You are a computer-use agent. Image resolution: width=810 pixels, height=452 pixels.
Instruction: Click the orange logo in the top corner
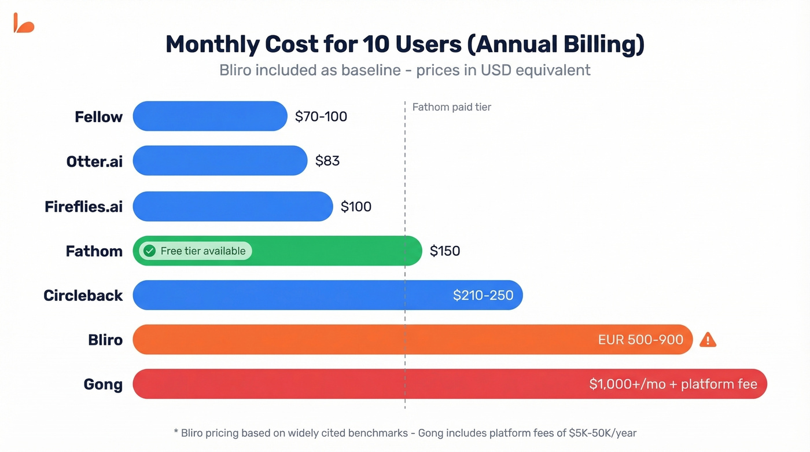coord(24,23)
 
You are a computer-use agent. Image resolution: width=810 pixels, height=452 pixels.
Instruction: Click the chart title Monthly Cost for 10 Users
coord(404,45)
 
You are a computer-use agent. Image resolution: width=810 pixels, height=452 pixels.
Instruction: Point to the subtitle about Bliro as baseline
coord(404,70)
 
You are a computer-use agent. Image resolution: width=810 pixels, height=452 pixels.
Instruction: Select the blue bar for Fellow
coord(209,116)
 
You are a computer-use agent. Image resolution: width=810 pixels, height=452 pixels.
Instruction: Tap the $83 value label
coord(327,161)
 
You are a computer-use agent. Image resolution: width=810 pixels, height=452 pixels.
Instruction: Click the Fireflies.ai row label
coord(83,207)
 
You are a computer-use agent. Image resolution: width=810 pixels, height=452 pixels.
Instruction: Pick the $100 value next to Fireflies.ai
coord(356,207)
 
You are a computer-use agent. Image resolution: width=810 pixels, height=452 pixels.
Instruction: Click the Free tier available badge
coord(196,251)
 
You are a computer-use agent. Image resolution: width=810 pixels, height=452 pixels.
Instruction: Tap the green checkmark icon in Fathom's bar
coord(150,251)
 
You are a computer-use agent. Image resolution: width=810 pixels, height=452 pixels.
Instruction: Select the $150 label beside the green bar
coord(445,251)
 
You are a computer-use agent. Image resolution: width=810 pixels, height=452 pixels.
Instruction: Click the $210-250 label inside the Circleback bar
coord(483,295)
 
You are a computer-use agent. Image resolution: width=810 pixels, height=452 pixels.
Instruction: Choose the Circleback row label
coord(83,296)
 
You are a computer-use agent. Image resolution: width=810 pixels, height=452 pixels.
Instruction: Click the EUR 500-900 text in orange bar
coord(640,340)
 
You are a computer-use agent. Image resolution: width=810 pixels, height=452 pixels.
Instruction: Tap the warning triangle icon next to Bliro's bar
coord(708,340)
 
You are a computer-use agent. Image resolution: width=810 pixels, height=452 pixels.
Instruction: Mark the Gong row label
coord(103,384)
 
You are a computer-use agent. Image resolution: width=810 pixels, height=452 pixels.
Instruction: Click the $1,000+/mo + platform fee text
coord(673,384)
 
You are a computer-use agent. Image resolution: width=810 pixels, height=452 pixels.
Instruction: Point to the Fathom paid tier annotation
coord(451,107)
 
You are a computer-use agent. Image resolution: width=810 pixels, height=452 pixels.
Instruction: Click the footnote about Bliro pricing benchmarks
coord(404,433)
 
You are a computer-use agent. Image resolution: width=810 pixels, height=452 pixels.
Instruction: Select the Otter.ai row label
coord(94,161)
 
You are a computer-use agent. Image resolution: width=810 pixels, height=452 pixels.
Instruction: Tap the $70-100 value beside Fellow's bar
coord(321,117)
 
